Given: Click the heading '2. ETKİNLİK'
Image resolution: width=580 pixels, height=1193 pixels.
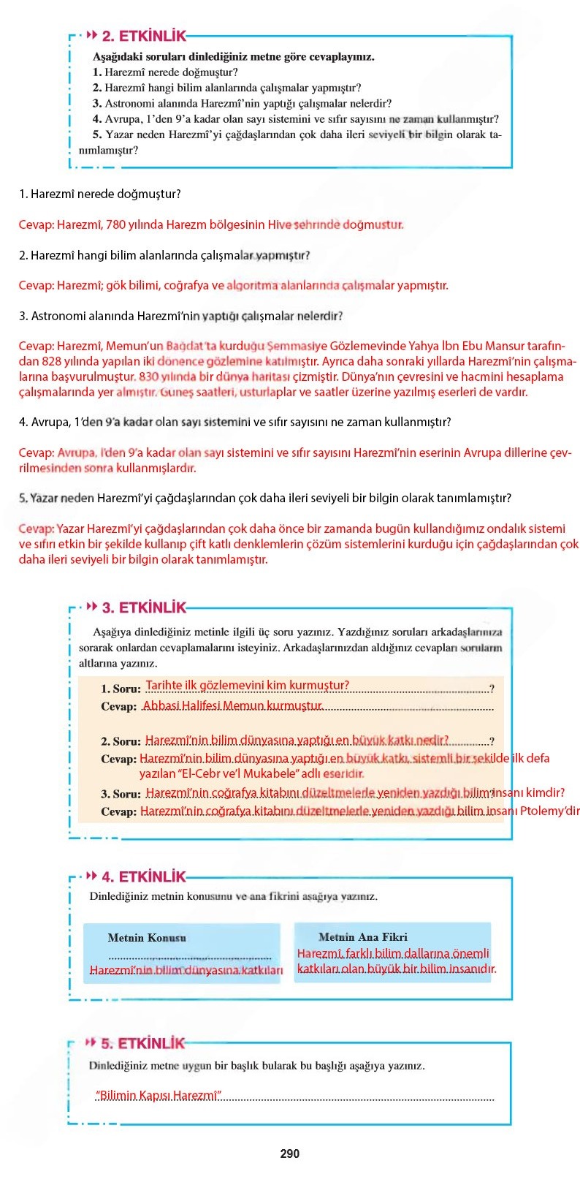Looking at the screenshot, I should tap(144, 36).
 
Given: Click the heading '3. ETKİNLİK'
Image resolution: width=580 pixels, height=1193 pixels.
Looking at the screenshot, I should tap(144, 607).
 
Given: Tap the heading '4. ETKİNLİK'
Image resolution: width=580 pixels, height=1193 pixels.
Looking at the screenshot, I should tap(144, 876).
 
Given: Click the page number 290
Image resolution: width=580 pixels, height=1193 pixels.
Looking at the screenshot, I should tap(290, 1154).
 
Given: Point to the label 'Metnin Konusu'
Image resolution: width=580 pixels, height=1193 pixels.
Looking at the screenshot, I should tap(147, 938).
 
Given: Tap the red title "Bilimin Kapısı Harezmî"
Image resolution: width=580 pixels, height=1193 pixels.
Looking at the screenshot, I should tap(159, 1095).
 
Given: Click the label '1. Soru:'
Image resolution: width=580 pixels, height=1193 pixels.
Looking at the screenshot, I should tap(121, 689).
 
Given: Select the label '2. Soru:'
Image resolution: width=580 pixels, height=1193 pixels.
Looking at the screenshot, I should tap(121, 741).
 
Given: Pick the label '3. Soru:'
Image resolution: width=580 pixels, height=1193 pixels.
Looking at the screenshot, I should tap(121, 794).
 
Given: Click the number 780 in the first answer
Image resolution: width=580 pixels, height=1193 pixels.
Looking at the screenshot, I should tap(116, 224).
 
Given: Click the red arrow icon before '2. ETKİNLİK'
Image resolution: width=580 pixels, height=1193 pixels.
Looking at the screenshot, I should tap(92, 35).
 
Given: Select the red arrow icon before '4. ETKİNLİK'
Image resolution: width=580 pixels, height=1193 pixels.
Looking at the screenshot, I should tap(92, 876).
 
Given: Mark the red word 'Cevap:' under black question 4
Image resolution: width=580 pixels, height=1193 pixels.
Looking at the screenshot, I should tap(37, 452).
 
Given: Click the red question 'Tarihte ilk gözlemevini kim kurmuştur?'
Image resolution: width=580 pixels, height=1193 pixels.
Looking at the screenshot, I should tap(248, 685).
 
